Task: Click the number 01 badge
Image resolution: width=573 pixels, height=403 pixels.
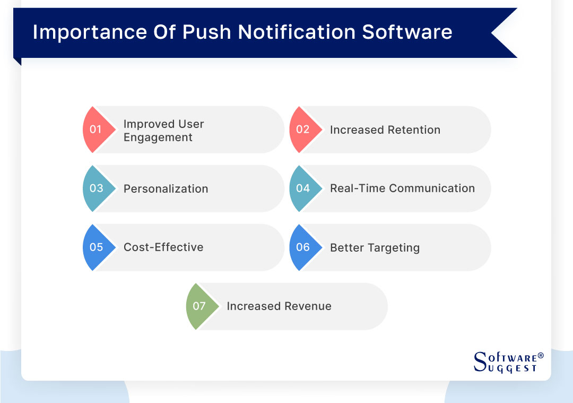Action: coord(96,130)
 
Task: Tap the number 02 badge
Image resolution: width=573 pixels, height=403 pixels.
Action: coord(303,130)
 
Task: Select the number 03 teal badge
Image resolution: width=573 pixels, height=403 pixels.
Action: coord(97,188)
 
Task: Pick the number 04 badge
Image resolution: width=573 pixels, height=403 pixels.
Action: coord(303,188)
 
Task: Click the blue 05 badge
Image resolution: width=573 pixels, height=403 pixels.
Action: coord(97,247)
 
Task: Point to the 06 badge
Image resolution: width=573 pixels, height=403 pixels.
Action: coord(303,247)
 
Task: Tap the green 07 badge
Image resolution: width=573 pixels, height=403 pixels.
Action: coord(199,306)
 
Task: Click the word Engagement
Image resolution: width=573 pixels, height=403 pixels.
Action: coord(158,138)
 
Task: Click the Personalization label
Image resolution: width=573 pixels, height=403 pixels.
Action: coord(166,189)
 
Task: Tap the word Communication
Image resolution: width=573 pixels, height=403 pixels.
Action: coord(432,188)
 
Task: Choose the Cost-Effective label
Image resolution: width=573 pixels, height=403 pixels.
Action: coord(163,247)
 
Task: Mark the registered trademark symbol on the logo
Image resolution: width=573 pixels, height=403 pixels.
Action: coord(540,355)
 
